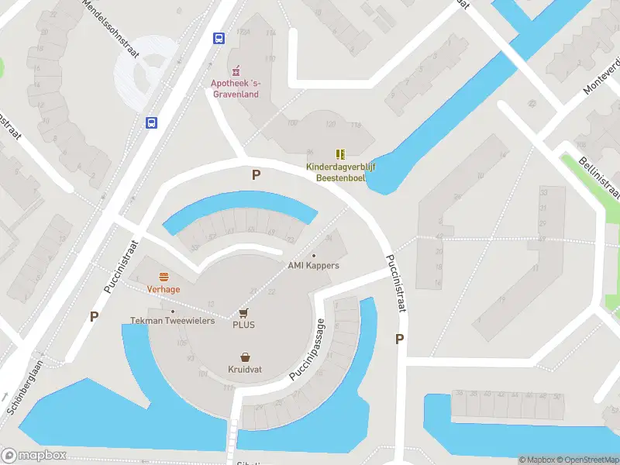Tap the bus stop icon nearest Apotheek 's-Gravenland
coord(219,37)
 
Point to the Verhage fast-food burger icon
coord(164,277)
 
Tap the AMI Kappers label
coord(313,266)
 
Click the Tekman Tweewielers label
coord(172,321)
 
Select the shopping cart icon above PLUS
coord(244,312)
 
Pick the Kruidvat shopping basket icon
coord(245,357)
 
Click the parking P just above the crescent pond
coord(256,175)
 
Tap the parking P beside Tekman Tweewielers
coord(95,316)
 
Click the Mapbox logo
coord(34,456)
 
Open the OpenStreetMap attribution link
coord(588,460)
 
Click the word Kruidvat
coord(245,370)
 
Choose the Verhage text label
coord(164,289)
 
